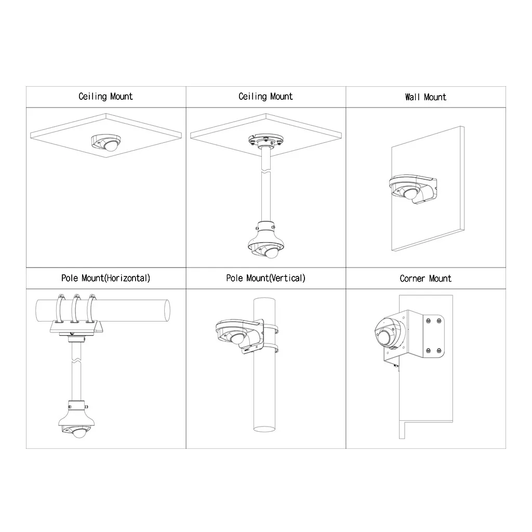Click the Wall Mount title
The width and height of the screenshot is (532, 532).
click(x=425, y=97)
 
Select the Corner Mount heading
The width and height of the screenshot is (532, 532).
click(x=425, y=278)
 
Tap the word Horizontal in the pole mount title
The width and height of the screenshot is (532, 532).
click(x=127, y=278)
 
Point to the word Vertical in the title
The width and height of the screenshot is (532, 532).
click(x=287, y=278)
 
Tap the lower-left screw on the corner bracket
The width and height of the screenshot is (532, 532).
click(x=428, y=351)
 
